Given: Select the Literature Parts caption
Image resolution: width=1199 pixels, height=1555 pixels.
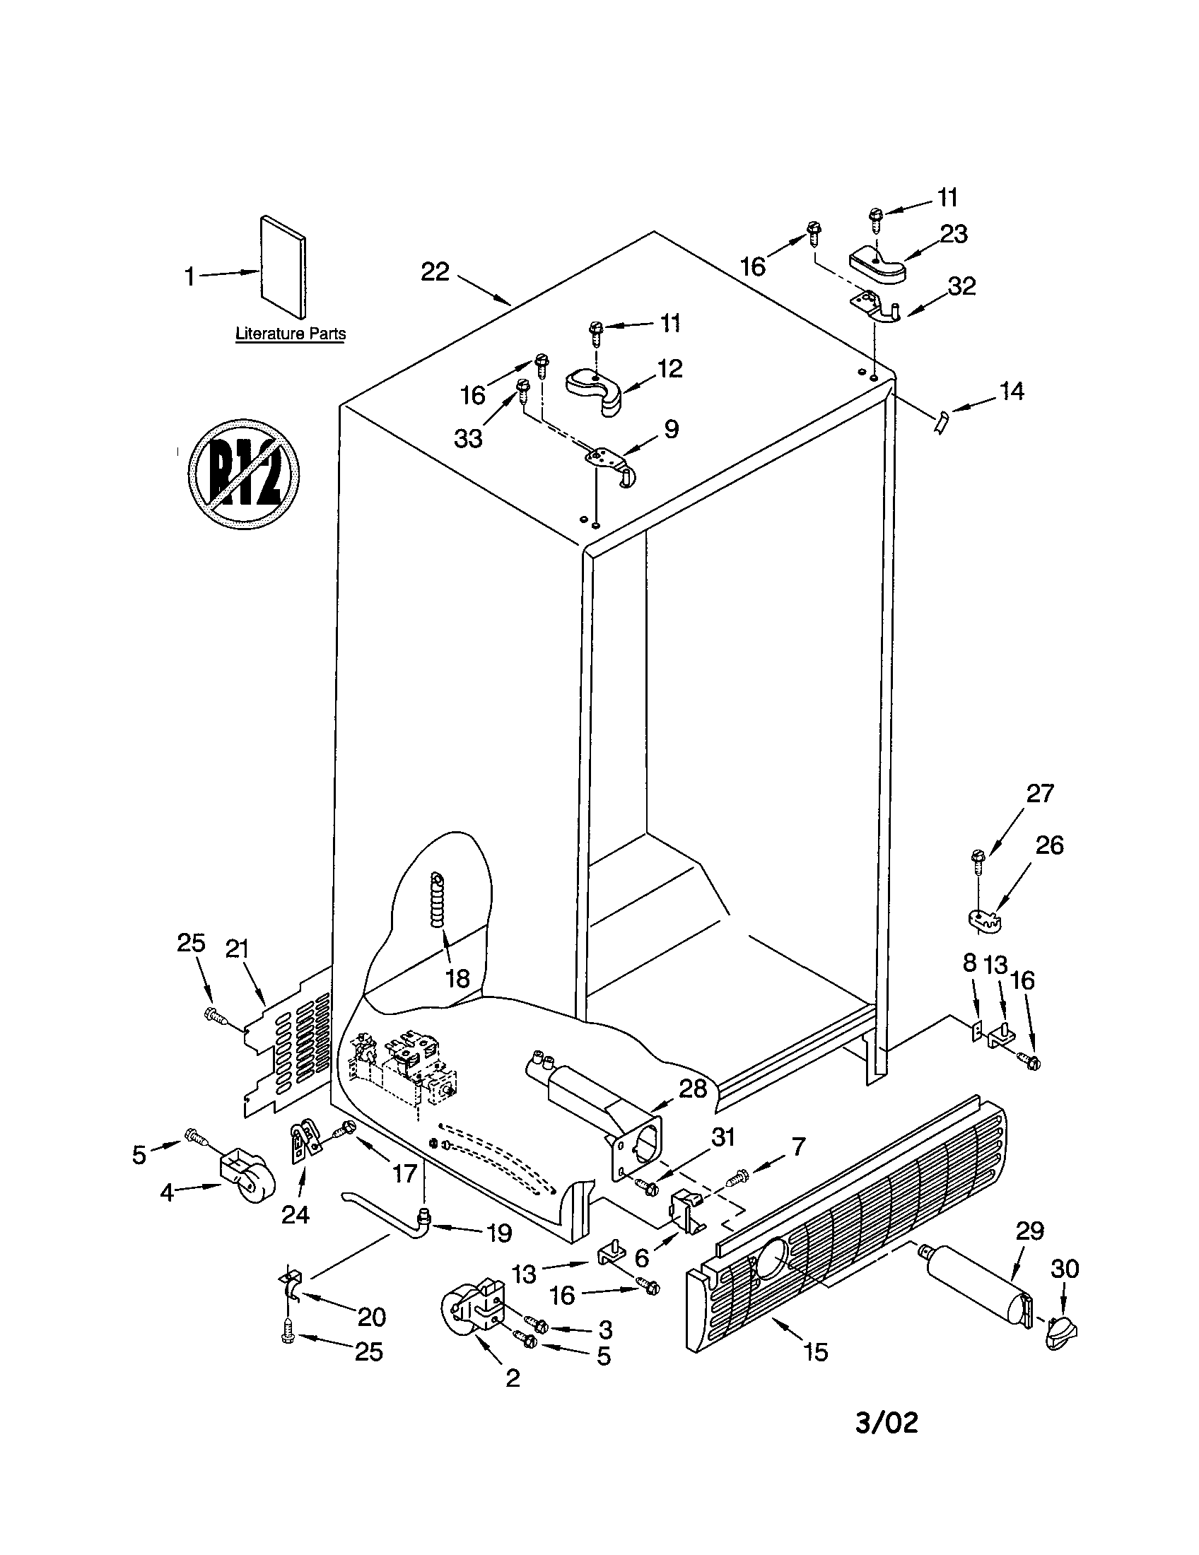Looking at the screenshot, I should pos(291,333).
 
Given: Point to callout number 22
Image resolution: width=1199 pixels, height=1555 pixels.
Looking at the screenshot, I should pos(435,271).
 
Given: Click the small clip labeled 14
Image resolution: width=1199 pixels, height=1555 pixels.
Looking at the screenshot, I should pos(941,422).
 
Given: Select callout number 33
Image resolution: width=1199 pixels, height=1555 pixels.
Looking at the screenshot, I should pos(468,439).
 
